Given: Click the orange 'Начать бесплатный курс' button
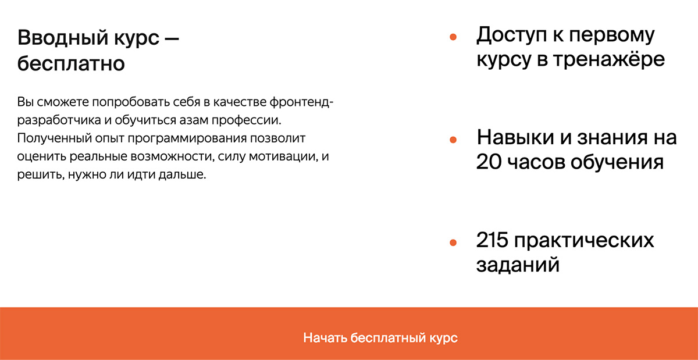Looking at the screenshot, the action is coord(349,333).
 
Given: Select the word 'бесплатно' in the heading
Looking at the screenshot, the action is coord(71,63).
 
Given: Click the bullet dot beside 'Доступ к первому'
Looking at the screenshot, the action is coord(453,37).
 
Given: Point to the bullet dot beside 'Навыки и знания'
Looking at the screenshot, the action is coord(453,140).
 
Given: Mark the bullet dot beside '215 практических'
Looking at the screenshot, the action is coord(453,243).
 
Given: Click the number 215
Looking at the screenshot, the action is coord(492,240).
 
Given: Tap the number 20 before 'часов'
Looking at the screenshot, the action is coord(489,162).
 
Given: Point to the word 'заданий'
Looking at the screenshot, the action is coord(518,265).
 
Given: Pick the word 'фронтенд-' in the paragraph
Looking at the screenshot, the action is coord(301,102).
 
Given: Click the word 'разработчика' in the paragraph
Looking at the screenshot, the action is coord(59,120).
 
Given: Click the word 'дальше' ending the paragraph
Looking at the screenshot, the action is coord(182,174).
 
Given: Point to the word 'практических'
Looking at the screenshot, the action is coord(584,241).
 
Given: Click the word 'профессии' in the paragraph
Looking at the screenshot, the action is coord(247,120).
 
